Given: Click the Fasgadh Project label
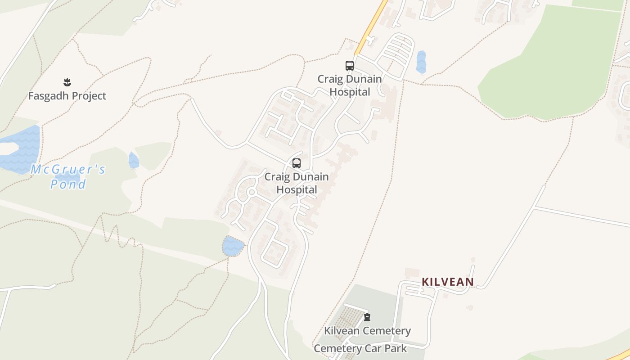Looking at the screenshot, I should [x=67, y=96].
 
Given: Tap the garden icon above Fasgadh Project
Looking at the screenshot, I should [x=67, y=82].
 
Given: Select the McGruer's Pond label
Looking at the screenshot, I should [x=68, y=176].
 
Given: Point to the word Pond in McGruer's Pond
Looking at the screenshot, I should [x=68, y=184].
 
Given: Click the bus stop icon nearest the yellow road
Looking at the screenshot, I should [x=350, y=66].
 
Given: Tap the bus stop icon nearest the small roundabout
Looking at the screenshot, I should [x=296, y=163].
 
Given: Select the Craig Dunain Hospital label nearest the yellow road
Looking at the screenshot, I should [x=350, y=85].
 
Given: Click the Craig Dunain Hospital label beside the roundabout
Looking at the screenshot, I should [x=296, y=183].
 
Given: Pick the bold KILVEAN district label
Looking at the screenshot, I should [x=447, y=282].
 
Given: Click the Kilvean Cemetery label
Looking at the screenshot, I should [x=367, y=331].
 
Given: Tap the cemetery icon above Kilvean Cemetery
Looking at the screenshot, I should [x=367, y=317].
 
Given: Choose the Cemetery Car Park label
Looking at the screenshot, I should [x=360, y=349].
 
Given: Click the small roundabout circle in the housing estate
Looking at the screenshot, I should [x=251, y=193].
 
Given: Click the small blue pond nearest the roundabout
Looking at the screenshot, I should [x=233, y=246].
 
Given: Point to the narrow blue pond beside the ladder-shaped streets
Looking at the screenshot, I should [x=421, y=62].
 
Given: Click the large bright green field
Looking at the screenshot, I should [x=549, y=67].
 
